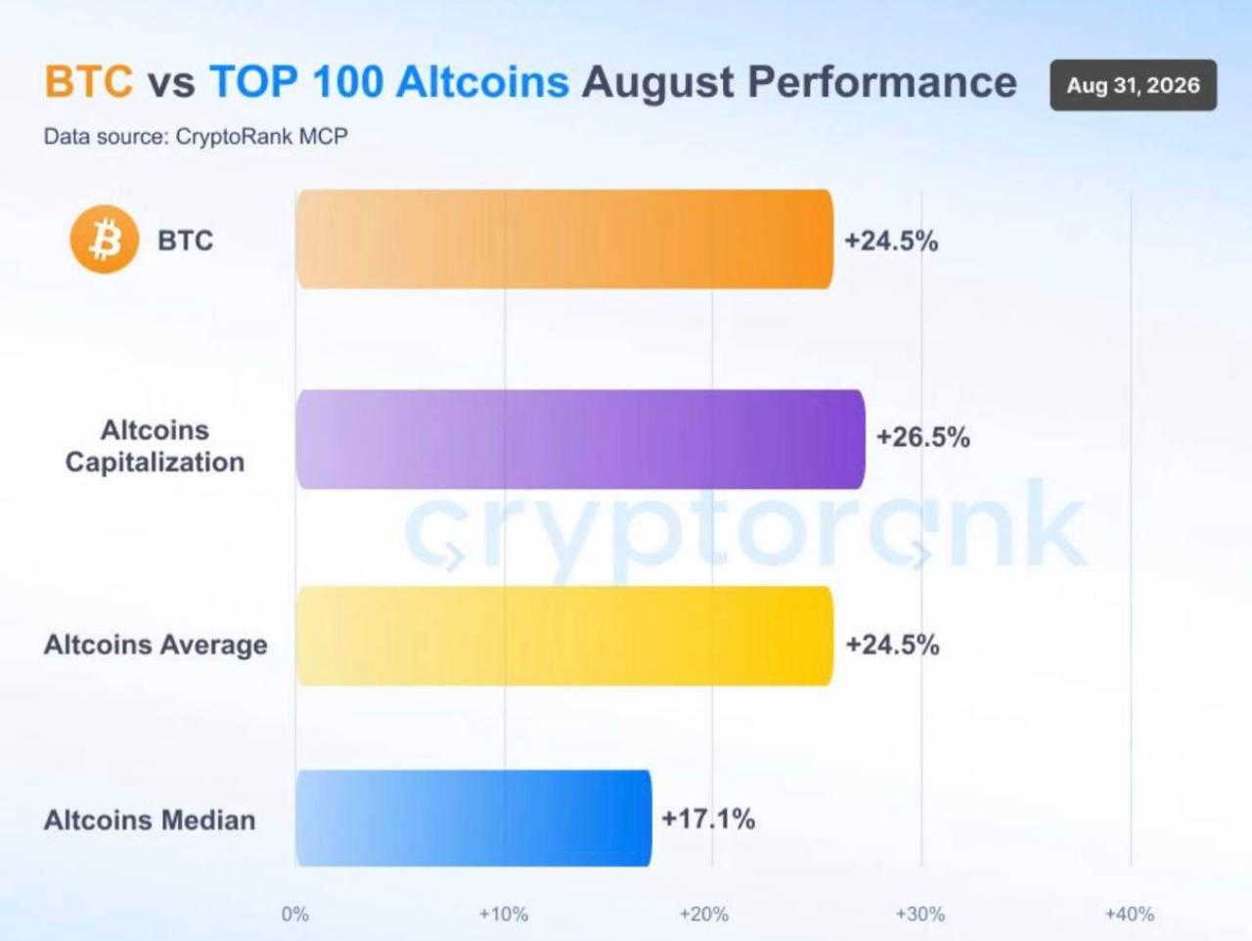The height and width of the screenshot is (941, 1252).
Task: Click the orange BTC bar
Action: coord(564,239)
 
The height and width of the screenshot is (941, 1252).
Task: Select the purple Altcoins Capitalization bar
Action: coord(580,439)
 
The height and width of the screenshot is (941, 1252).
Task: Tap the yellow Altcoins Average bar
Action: coord(564,636)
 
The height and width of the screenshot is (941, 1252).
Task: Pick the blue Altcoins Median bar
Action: coord(473,819)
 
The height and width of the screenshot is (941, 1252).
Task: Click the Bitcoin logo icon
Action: coord(105,239)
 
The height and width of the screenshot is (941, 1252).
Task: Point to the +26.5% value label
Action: coord(923,437)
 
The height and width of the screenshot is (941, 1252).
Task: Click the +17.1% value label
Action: coord(708,819)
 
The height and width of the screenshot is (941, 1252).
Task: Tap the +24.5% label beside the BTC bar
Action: coord(891,241)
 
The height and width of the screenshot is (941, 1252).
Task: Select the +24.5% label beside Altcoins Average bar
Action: coord(892,645)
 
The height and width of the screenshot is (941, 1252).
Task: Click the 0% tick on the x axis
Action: coord(294,915)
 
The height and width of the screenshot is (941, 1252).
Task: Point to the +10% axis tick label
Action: coord(503,915)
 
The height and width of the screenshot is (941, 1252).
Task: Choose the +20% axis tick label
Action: coord(704,915)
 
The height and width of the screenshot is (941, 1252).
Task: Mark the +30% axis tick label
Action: coord(920,915)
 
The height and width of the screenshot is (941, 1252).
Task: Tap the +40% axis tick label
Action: coord(1130,915)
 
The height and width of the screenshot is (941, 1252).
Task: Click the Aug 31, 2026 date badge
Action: coord(1134,85)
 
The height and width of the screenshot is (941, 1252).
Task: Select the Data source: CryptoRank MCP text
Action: coord(196,137)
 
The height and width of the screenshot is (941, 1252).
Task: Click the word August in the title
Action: coord(658,83)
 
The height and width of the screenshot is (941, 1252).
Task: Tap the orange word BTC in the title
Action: coord(88,81)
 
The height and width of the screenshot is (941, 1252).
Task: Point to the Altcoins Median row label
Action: coord(150,820)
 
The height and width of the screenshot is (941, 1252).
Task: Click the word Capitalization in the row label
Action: coord(155,463)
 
